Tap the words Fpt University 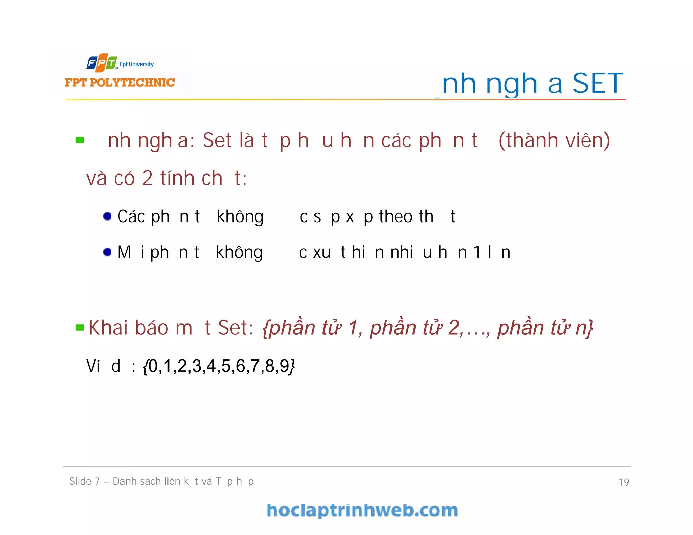137,64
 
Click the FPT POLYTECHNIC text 120,83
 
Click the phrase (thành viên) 554,140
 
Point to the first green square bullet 80,140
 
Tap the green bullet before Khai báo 80,327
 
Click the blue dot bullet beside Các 107,216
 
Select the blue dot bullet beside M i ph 107,252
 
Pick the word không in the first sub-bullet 240,217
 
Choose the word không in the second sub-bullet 239,253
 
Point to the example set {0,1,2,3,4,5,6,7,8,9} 219,366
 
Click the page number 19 623,482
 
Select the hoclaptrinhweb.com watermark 362,510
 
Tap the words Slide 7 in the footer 85,481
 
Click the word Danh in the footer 124,481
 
